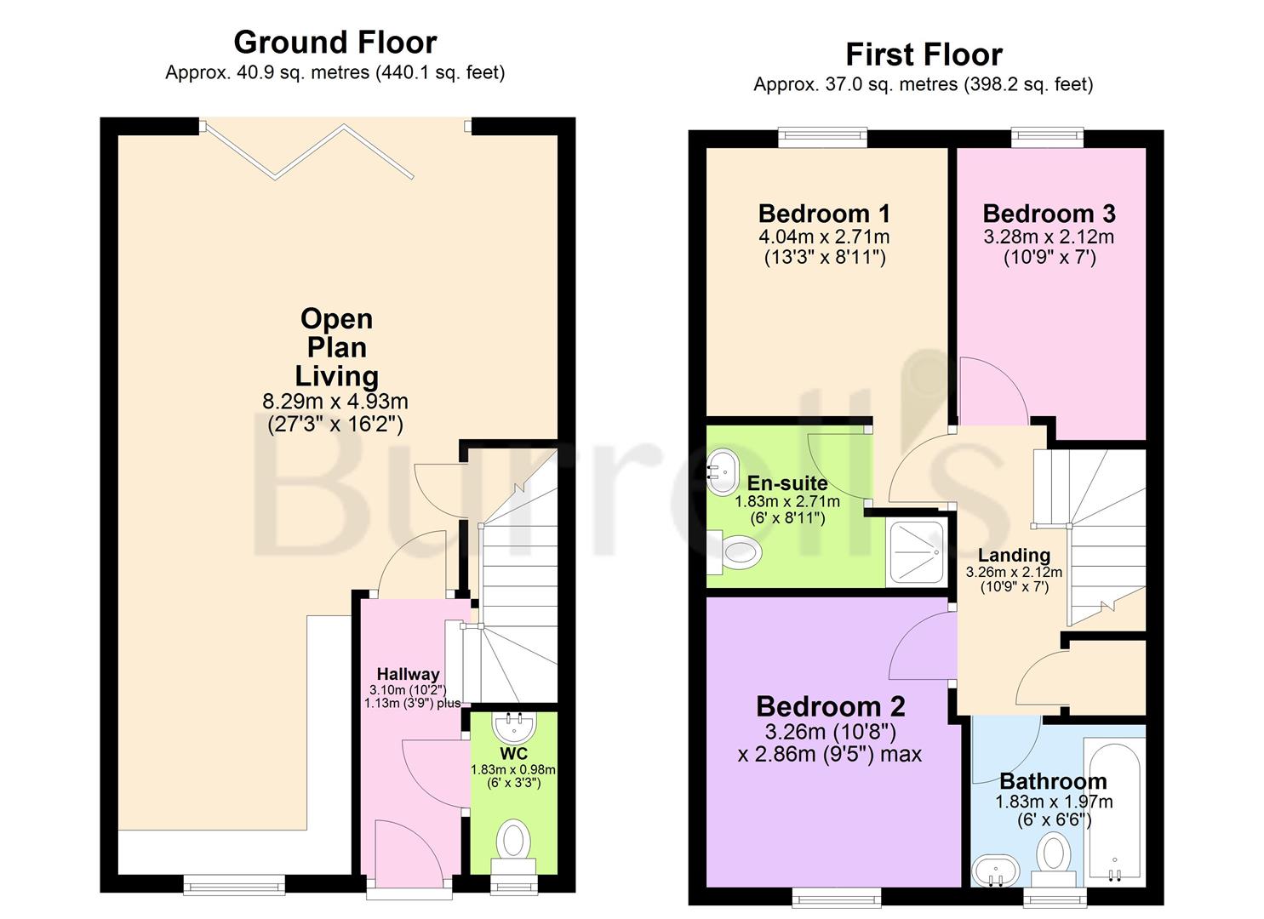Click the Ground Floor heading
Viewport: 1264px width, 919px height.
click(x=335, y=42)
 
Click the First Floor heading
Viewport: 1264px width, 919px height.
click(x=924, y=54)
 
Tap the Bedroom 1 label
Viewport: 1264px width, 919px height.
click(x=824, y=213)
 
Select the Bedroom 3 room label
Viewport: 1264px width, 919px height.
click(x=1049, y=213)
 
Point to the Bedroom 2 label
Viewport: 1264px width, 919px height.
click(x=830, y=706)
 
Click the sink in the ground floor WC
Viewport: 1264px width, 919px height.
click(x=514, y=727)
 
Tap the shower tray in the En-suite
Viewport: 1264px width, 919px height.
click(x=916, y=551)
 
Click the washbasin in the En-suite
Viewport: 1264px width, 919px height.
click(x=724, y=473)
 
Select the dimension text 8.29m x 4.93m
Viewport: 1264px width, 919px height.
click(x=336, y=401)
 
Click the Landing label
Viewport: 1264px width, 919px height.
click(x=1013, y=555)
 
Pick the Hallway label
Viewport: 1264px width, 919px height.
click(x=409, y=674)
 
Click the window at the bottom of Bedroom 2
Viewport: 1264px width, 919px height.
click(x=837, y=895)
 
